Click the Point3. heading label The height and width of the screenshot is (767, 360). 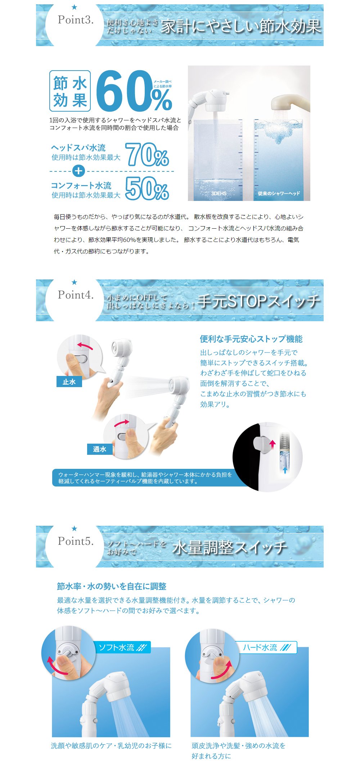(x=76, y=20)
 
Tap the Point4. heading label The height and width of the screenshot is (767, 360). (x=76, y=295)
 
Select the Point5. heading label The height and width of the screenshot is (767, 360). (x=76, y=541)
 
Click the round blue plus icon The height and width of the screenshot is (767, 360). (x=78, y=171)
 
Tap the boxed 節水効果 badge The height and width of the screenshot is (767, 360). (x=70, y=91)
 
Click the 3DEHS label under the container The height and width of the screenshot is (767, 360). (x=219, y=193)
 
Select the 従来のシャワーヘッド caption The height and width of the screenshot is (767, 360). (x=279, y=193)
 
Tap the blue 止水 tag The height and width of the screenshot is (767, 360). (x=69, y=382)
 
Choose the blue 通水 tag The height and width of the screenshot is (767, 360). (x=100, y=449)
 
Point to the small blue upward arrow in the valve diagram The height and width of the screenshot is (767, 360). (x=285, y=470)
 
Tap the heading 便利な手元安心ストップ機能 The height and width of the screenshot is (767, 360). (x=251, y=339)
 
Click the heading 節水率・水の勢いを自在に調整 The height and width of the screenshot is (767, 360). (x=112, y=586)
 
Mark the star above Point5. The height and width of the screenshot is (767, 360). (x=75, y=528)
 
